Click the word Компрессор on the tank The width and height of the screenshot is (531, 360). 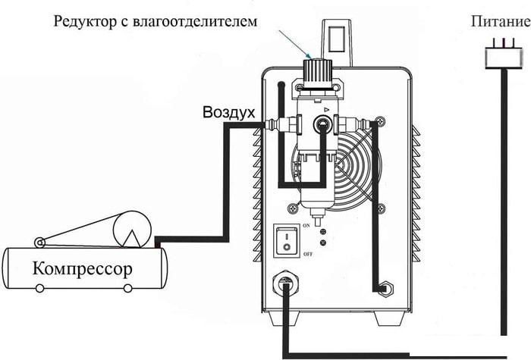pos(82,269)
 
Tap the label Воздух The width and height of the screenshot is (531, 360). pos(229,113)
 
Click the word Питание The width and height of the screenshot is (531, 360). pos(501,21)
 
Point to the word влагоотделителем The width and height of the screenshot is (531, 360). pos(195,21)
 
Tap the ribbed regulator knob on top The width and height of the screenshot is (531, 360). pos(317,73)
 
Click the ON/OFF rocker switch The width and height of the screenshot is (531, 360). pos(287,240)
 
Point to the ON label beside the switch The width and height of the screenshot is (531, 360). pos(306,225)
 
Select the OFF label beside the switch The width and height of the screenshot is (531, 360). pos(308,254)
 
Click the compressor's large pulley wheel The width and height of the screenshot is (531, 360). pos(132,229)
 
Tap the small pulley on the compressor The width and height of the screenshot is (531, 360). pos(40,243)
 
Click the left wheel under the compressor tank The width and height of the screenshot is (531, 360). pos(40,288)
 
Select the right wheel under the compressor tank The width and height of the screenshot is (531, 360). pos(127,288)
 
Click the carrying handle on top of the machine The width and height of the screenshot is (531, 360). pos(337,43)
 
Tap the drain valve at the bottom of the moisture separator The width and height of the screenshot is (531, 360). pos(318,218)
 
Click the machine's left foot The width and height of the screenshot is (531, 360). pos(284,318)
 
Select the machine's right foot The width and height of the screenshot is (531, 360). pos(390,318)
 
